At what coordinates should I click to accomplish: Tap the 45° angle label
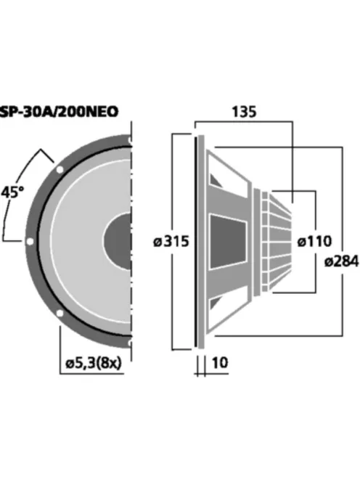[x=12, y=194]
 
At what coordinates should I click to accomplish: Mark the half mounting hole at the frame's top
[x=129, y=140]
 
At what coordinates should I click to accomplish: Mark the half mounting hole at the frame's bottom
[x=129, y=341]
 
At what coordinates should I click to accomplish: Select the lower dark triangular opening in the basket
[x=216, y=305]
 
